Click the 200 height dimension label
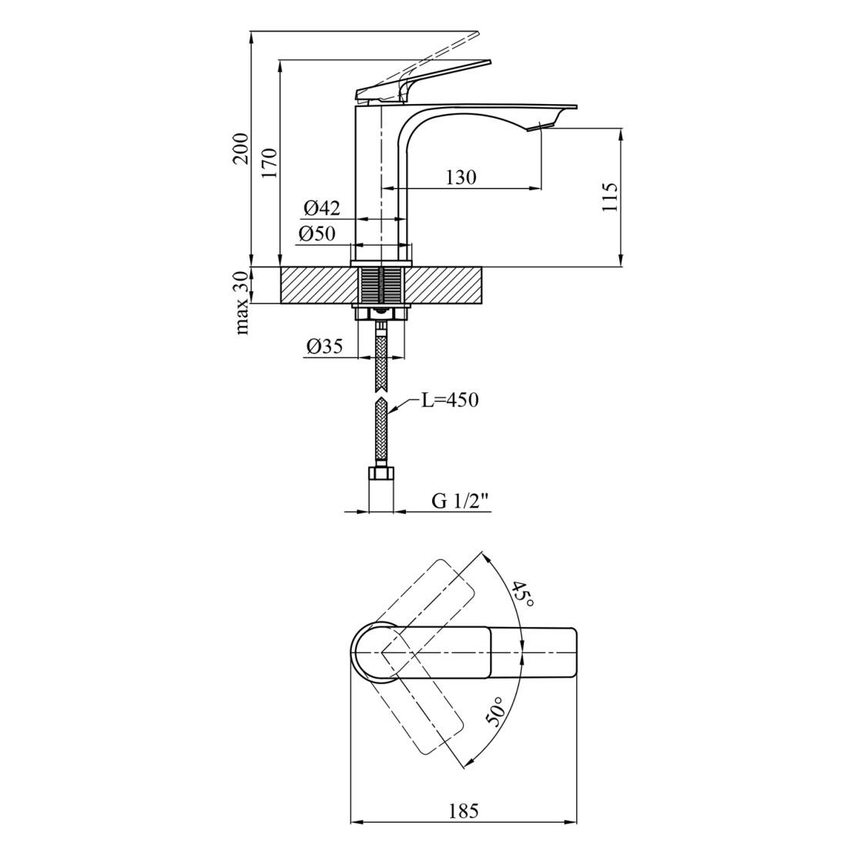(x=241, y=149)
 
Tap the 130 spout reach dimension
(x=461, y=177)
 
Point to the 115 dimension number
(x=610, y=198)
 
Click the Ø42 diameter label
(x=322, y=208)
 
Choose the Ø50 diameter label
(x=317, y=234)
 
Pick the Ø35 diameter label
(x=324, y=347)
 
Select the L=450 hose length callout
(x=449, y=401)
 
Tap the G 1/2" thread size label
(x=460, y=501)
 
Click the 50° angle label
(x=495, y=712)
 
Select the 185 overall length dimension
(x=463, y=811)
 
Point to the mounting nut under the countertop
(x=381, y=313)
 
